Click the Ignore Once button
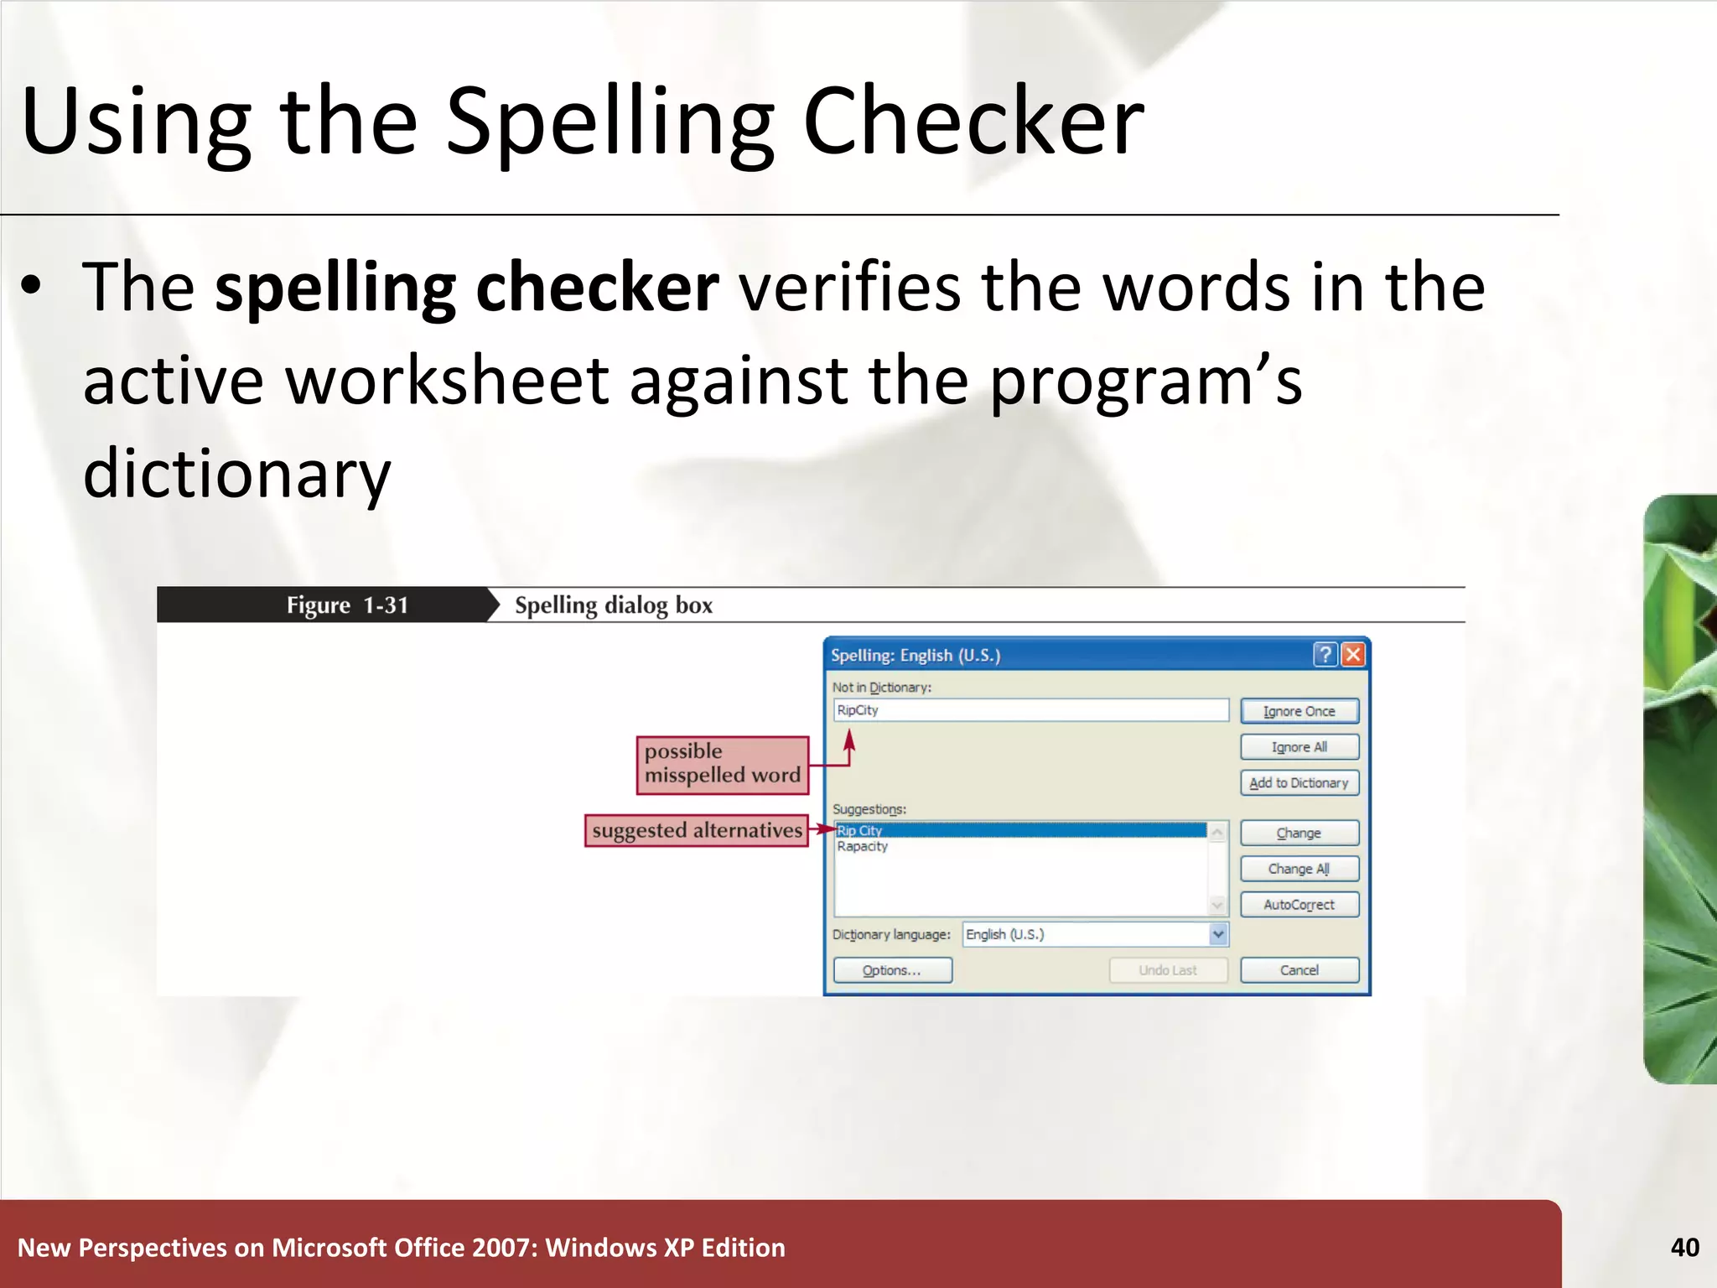click(1299, 711)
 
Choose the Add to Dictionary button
click(1299, 782)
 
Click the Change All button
click(1299, 869)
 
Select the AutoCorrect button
click(1299, 905)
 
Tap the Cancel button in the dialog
click(1299, 970)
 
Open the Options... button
click(892, 970)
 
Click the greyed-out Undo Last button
click(1167, 970)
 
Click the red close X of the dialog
click(1353, 654)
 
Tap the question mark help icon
click(1325, 654)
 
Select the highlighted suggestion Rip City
click(860, 830)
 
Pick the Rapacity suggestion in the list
click(862, 847)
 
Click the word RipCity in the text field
click(858, 710)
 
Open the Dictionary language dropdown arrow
click(1218, 934)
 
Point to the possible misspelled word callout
click(723, 764)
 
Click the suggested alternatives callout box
click(697, 830)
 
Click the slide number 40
click(1684, 1248)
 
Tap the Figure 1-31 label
click(347, 605)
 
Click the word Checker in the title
click(973, 122)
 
